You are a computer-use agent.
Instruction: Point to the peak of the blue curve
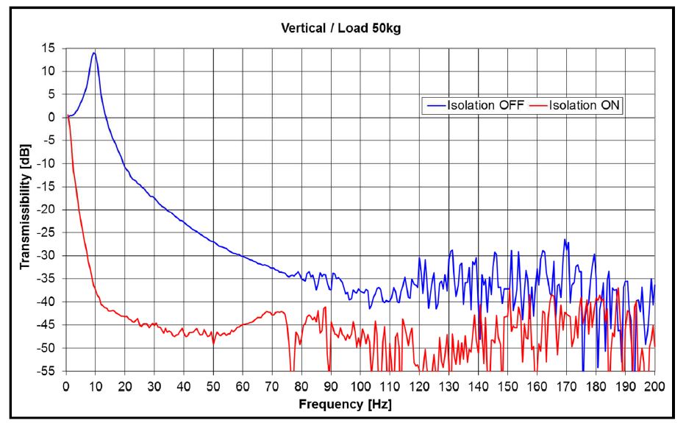click(x=94, y=52)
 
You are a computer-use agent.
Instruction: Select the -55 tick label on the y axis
click(x=48, y=371)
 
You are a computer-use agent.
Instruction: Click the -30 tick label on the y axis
click(x=48, y=255)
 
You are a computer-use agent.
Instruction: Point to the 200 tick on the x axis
click(x=654, y=385)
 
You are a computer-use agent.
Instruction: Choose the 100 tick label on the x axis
click(x=360, y=385)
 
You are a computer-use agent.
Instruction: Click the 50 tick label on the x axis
click(x=213, y=385)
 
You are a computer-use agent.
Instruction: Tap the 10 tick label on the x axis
click(x=96, y=385)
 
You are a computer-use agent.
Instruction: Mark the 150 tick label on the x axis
click(x=507, y=385)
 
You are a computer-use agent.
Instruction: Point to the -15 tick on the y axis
click(x=48, y=186)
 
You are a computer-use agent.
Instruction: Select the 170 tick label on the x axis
click(x=566, y=385)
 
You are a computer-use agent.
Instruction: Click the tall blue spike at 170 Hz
click(x=565, y=240)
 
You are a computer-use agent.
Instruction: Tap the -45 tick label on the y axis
click(x=48, y=324)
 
